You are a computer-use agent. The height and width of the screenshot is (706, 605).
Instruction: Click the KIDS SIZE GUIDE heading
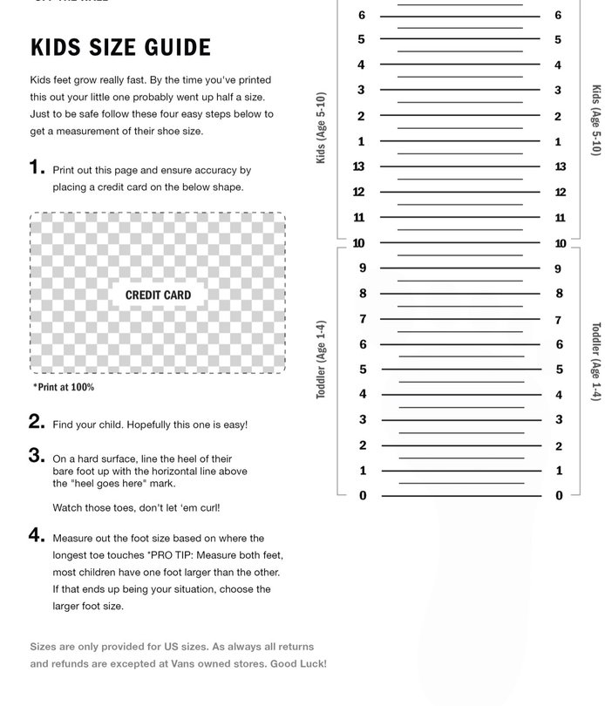[120, 47]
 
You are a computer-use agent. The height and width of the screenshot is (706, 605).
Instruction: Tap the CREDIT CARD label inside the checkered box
[158, 295]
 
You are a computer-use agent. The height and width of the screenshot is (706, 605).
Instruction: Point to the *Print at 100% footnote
[64, 387]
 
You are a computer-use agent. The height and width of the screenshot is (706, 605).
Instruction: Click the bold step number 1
[37, 167]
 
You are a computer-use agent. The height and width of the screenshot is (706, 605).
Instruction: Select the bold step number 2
[37, 422]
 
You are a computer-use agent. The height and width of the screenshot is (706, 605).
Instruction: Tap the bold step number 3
[37, 455]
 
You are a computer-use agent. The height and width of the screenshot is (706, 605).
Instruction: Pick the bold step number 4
[37, 536]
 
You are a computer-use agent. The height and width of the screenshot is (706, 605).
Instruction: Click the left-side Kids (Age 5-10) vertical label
[321, 127]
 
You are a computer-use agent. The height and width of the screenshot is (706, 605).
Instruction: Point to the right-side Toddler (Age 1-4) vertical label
[596, 361]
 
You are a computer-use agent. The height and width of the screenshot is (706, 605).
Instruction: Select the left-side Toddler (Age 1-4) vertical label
[321, 359]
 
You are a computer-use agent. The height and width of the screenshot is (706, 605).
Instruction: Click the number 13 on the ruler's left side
[358, 166]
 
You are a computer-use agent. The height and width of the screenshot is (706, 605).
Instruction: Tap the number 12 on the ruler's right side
[561, 192]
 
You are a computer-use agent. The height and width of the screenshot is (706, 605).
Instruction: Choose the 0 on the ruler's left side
[363, 496]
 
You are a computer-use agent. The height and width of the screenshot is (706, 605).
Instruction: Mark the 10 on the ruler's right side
[561, 244]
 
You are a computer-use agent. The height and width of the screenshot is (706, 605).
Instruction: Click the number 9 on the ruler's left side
[363, 268]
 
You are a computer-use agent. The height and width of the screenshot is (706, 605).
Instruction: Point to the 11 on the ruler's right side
[561, 218]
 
